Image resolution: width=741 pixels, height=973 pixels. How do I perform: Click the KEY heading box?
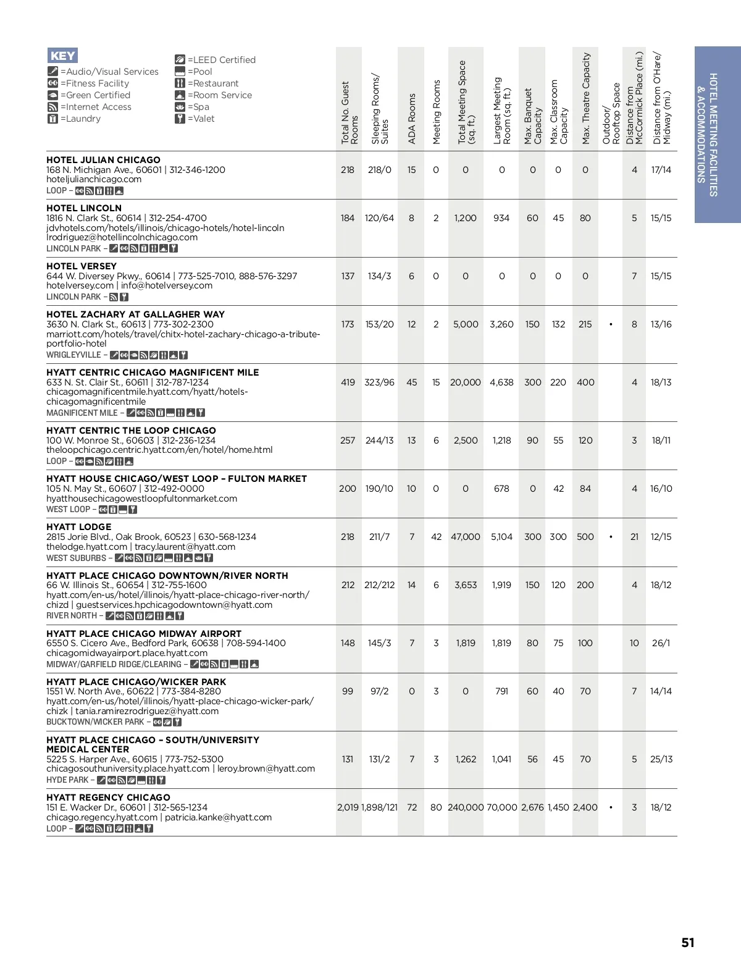(62, 56)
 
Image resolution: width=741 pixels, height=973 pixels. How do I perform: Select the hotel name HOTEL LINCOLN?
(84, 208)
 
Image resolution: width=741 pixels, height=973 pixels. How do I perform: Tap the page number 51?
(688, 943)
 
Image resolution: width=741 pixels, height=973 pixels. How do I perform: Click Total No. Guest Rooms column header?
(350, 113)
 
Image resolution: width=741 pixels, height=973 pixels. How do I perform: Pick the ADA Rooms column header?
(412, 119)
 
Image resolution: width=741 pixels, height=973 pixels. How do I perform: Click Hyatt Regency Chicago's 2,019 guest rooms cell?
(348, 807)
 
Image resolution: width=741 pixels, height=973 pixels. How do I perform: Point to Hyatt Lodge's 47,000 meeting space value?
(465, 537)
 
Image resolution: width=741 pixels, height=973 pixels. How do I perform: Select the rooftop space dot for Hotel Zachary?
(611, 324)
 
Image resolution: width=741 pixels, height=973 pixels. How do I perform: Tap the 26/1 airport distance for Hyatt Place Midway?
(661, 643)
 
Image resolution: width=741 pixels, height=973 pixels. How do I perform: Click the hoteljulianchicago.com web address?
(94, 179)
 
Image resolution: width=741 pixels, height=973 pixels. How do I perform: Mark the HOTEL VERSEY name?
(82, 266)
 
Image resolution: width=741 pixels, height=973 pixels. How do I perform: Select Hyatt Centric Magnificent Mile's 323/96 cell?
(379, 382)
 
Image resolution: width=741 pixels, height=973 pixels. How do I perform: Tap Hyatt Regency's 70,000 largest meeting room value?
(501, 807)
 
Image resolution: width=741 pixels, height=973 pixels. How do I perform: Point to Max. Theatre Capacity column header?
(586, 99)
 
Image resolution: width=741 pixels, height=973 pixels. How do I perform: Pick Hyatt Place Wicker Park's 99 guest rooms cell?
(348, 691)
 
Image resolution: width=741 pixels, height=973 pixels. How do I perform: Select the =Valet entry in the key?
(199, 119)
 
